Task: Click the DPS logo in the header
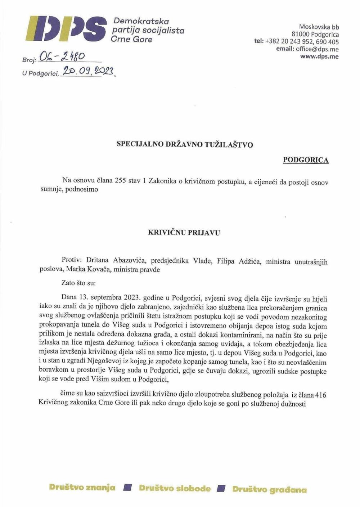pyautogui.click(x=66, y=29)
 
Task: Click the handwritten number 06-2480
pyautogui.click(x=62, y=56)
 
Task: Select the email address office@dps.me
pyautogui.click(x=317, y=49)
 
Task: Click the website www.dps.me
pyautogui.click(x=319, y=57)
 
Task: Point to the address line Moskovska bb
pyautogui.click(x=319, y=27)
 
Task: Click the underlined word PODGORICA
pyautogui.click(x=306, y=160)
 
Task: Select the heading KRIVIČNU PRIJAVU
pyautogui.click(x=184, y=233)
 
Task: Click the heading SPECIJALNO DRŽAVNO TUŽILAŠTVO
pyautogui.click(x=185, y=145)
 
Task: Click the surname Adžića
pyautogui.click(x=249, y=261)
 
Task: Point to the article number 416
pyautogui.click(x=320, y=395)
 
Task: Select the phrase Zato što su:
pyautogui.click(x=78, y=283)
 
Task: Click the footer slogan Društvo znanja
pyautogui.click(x=82, y=488)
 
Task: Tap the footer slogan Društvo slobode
pyautogui.click(x=175, y=488)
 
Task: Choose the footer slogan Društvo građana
pyautogui.click(x=269, y=489)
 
